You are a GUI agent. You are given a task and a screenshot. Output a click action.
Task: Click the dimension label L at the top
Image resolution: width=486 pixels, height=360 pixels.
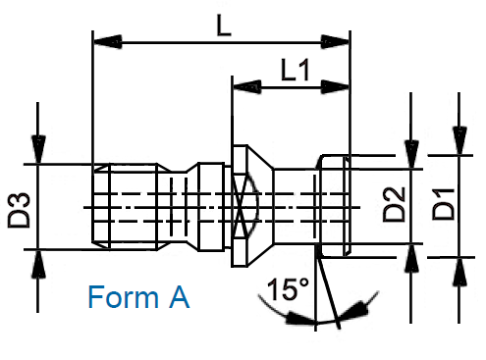(224, 26)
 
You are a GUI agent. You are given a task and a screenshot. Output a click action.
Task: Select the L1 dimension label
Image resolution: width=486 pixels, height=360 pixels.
(296, 70)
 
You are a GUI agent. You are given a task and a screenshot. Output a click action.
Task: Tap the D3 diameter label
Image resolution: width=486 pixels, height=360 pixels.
(19, 210)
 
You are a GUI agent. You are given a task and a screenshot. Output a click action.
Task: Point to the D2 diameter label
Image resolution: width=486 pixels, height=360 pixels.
(394, 204)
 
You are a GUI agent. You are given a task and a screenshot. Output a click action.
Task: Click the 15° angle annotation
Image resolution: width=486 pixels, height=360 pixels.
(288, 289)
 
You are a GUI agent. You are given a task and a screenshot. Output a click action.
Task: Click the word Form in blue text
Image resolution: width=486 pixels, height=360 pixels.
(124, 297)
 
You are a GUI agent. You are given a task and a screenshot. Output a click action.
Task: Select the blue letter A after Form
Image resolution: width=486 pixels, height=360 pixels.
(180, 297)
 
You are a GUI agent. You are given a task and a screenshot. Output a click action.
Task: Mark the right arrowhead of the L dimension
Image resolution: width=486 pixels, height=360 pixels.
(335, 42)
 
